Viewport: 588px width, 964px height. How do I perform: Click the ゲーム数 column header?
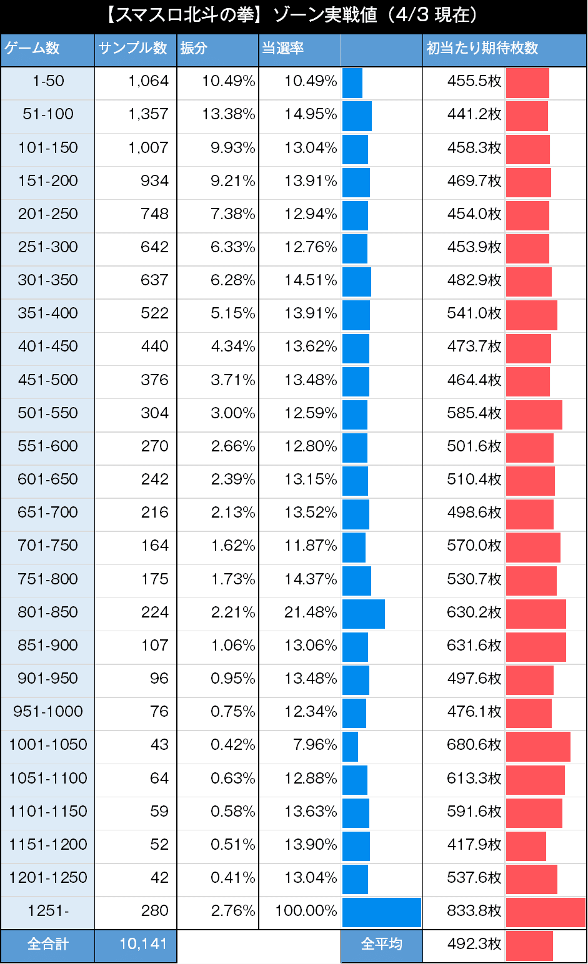(32, 49)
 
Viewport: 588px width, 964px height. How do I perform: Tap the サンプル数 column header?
(133, 49)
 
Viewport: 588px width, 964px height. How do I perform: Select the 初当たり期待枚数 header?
(482, 49)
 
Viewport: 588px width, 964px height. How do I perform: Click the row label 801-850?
(48, 612)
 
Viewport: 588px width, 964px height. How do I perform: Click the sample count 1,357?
(149, 114)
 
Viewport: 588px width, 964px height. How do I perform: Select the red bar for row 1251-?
(546, 912)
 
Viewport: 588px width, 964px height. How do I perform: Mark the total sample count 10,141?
(143, 944)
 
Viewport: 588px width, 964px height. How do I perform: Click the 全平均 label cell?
(381, 944)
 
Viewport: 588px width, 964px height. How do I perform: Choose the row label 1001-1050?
(48, 745)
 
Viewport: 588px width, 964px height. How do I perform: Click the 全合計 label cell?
(47, 944)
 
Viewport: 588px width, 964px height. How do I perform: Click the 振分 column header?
(194, 49)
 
